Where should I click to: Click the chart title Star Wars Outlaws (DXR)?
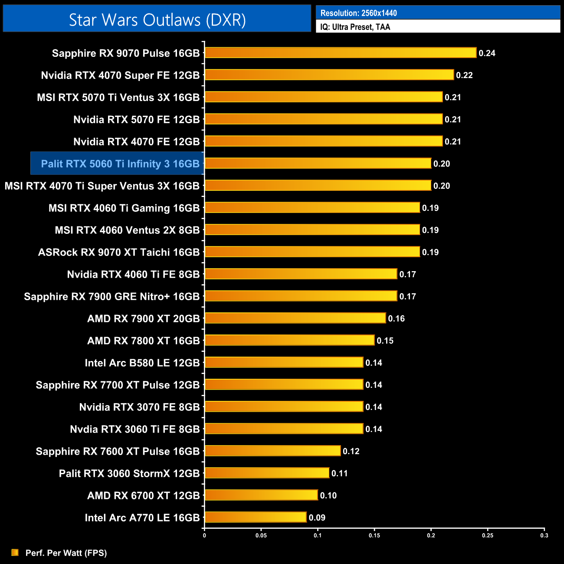point(157,20)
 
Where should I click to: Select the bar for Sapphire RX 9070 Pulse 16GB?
point(341,53)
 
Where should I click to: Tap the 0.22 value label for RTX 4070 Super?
point(464,75)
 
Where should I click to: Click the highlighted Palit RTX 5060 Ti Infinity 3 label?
point(120,164)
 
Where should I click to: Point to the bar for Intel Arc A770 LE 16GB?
point(256,517)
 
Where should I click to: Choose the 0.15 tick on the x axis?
point(374,535)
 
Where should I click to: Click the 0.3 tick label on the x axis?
point(544,535)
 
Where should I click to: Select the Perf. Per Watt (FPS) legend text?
point(66,553)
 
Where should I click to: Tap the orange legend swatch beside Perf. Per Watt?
point(15,552)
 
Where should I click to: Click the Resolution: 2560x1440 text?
point(358,13)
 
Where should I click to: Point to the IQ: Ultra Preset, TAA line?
point(355,27)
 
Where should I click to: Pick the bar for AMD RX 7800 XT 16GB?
point(289,340)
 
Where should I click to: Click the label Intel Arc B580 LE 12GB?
point(142,363)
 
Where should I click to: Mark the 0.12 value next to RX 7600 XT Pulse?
point(351,451)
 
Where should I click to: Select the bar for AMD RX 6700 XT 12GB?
point(261,495)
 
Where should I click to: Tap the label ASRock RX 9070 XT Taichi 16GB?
point(119,252)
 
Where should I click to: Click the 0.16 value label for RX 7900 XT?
point(396,318)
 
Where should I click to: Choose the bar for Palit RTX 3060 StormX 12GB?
point(267,473)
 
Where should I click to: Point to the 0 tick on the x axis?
point(204,535)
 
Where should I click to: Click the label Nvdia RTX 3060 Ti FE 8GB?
point(135,429)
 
